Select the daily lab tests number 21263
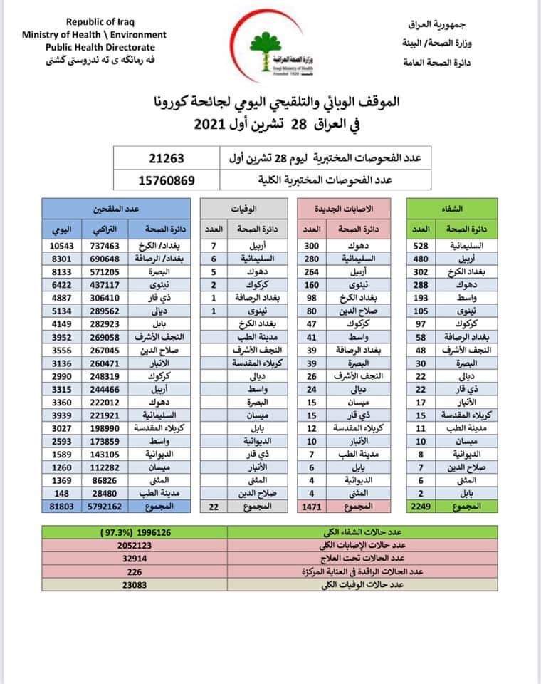coord(167,156)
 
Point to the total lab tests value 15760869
coord(167,180)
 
